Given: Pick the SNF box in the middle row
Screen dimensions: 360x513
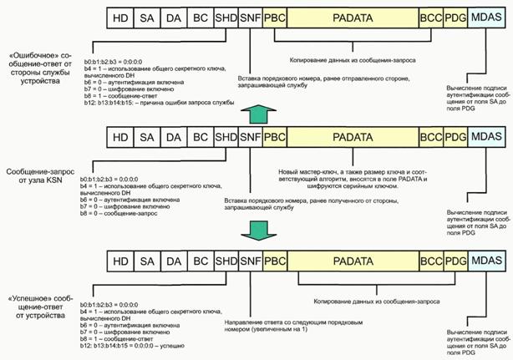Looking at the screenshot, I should coord(250,136).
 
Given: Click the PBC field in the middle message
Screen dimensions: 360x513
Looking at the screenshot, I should coord(275,136).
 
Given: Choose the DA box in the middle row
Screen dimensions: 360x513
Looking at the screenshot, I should coord(174,136).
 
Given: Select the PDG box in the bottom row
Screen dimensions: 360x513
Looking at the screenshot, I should coord(456,261).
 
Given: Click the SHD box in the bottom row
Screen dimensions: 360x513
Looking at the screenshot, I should coord(226,261).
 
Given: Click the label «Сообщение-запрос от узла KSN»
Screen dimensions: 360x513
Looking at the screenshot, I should coord(38,152).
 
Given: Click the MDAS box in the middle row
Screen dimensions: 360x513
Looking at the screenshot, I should coord(489,136).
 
